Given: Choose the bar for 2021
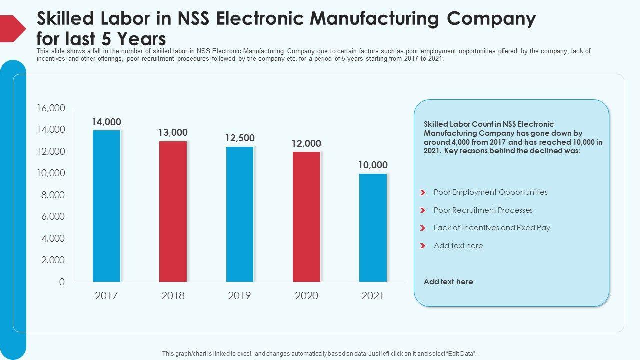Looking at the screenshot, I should coord(373,227).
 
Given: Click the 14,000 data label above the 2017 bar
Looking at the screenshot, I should coord(106,122).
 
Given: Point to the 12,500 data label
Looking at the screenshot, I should coord(240,138).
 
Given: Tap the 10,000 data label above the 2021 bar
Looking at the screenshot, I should coord(373,165).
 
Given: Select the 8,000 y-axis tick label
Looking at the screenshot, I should coord(53,195).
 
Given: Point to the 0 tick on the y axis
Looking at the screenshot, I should coord(62,282).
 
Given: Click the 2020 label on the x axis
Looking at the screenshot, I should coord(306,296).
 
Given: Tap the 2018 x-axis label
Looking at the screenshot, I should coord(173,296).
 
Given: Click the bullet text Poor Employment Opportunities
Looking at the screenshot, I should coord(490,192).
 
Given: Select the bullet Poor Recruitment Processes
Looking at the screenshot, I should coord(483,210).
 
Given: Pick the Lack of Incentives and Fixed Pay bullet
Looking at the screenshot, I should coord(492,228).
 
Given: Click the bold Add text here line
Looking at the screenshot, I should coord(448,282).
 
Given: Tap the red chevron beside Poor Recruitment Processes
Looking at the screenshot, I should coord(423,210).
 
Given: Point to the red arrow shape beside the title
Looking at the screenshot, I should coord(12,28).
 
